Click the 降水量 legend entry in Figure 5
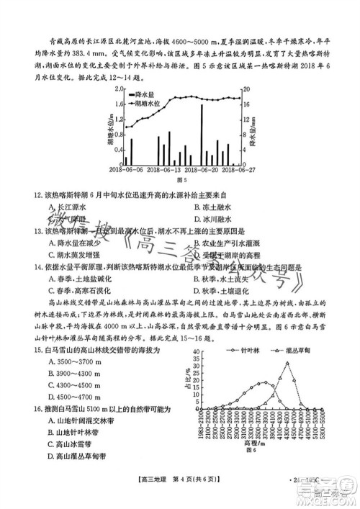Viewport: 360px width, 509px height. point(148,94)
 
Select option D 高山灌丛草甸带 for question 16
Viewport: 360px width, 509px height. point(76,456)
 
